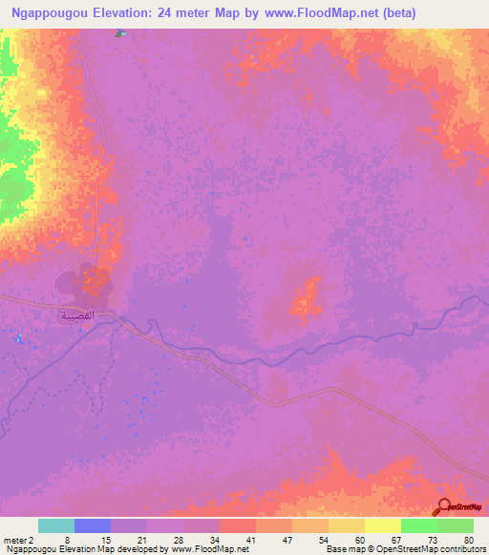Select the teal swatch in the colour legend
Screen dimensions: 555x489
(56, 525)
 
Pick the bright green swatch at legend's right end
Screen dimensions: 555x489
(455, 525)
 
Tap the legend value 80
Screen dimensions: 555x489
(467, 539)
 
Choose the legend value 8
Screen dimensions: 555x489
(66, 539)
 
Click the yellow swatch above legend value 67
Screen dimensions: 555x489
(382, 525)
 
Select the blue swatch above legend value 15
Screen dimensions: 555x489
(93, 525)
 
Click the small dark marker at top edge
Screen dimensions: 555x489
(119, 33)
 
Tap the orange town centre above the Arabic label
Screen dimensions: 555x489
(94, 280)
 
